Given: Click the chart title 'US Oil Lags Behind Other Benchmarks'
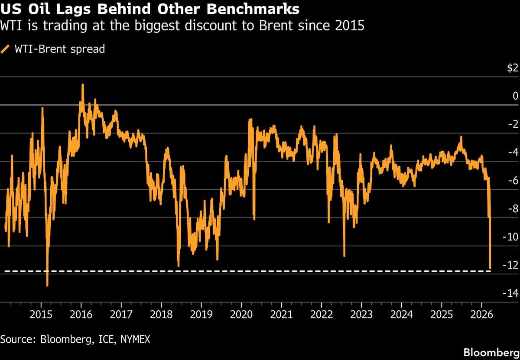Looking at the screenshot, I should click(x=149, y=9).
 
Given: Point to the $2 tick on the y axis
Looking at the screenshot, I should click(x=513, y=68).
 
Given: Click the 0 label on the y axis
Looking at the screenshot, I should click(x=515, y=96).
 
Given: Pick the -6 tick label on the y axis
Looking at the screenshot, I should click(x=513, y=181).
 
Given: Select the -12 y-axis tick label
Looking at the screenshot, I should click(x=510, y=265).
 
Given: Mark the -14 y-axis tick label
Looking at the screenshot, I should click(x=510, y=293).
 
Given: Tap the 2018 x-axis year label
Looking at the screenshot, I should click(x=161, y=314).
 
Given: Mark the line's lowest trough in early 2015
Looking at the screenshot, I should click(x=47, y=285).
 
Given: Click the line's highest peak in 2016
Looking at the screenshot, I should click(x=82, y=85).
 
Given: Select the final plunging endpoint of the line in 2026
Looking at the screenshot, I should click(x=490, y=268).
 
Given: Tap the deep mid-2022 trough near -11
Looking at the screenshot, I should click(x=344, y=256).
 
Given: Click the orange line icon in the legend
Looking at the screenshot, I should click(x=6, y=49).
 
